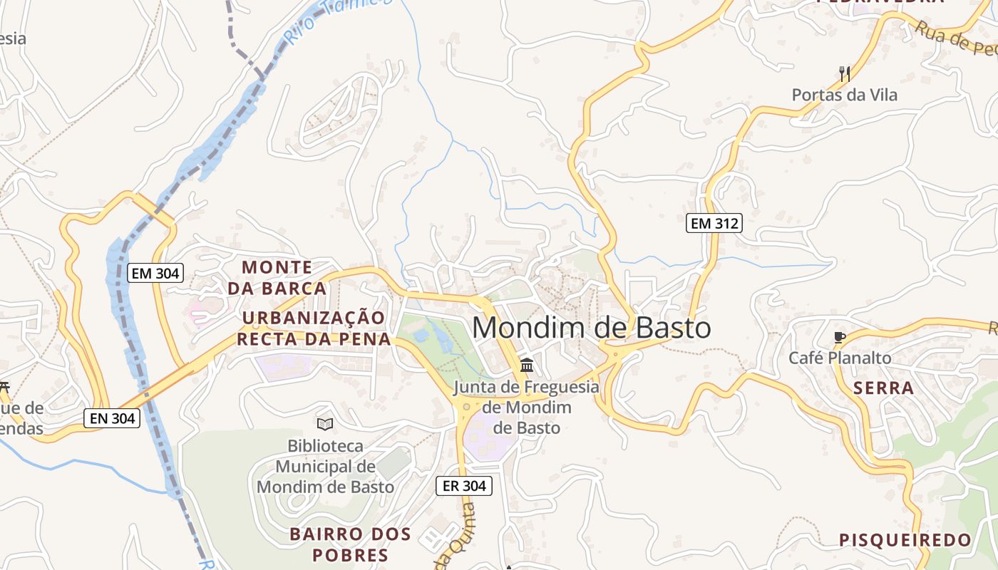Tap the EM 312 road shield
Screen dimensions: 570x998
pos(714,223)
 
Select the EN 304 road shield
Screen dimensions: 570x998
pos(112,418)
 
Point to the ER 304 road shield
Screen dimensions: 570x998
pos(464,486)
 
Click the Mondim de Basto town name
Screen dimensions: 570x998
pos(592,328)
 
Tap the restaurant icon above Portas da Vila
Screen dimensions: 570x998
pos(845,73)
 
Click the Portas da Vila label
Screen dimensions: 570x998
pos(845,95)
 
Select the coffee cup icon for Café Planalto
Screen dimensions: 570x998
pos(840,337)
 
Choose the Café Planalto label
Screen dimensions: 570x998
pos(840,358)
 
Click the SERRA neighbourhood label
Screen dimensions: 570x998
pos(883,388)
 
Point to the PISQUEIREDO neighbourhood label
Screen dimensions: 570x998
pos(905,540)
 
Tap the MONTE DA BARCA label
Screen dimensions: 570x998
pos(277,278)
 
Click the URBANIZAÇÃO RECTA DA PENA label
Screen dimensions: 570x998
pos(314,328)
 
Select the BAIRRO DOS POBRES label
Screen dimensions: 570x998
pos(350,544)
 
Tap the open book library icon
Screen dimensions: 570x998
pos(325,425)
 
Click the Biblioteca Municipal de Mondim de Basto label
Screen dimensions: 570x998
pos(325,467)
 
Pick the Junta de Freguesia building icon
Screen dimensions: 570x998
pos(527,366)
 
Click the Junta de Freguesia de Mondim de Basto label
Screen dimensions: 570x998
pos(527,408)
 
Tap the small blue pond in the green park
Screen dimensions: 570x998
pos(421,334)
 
